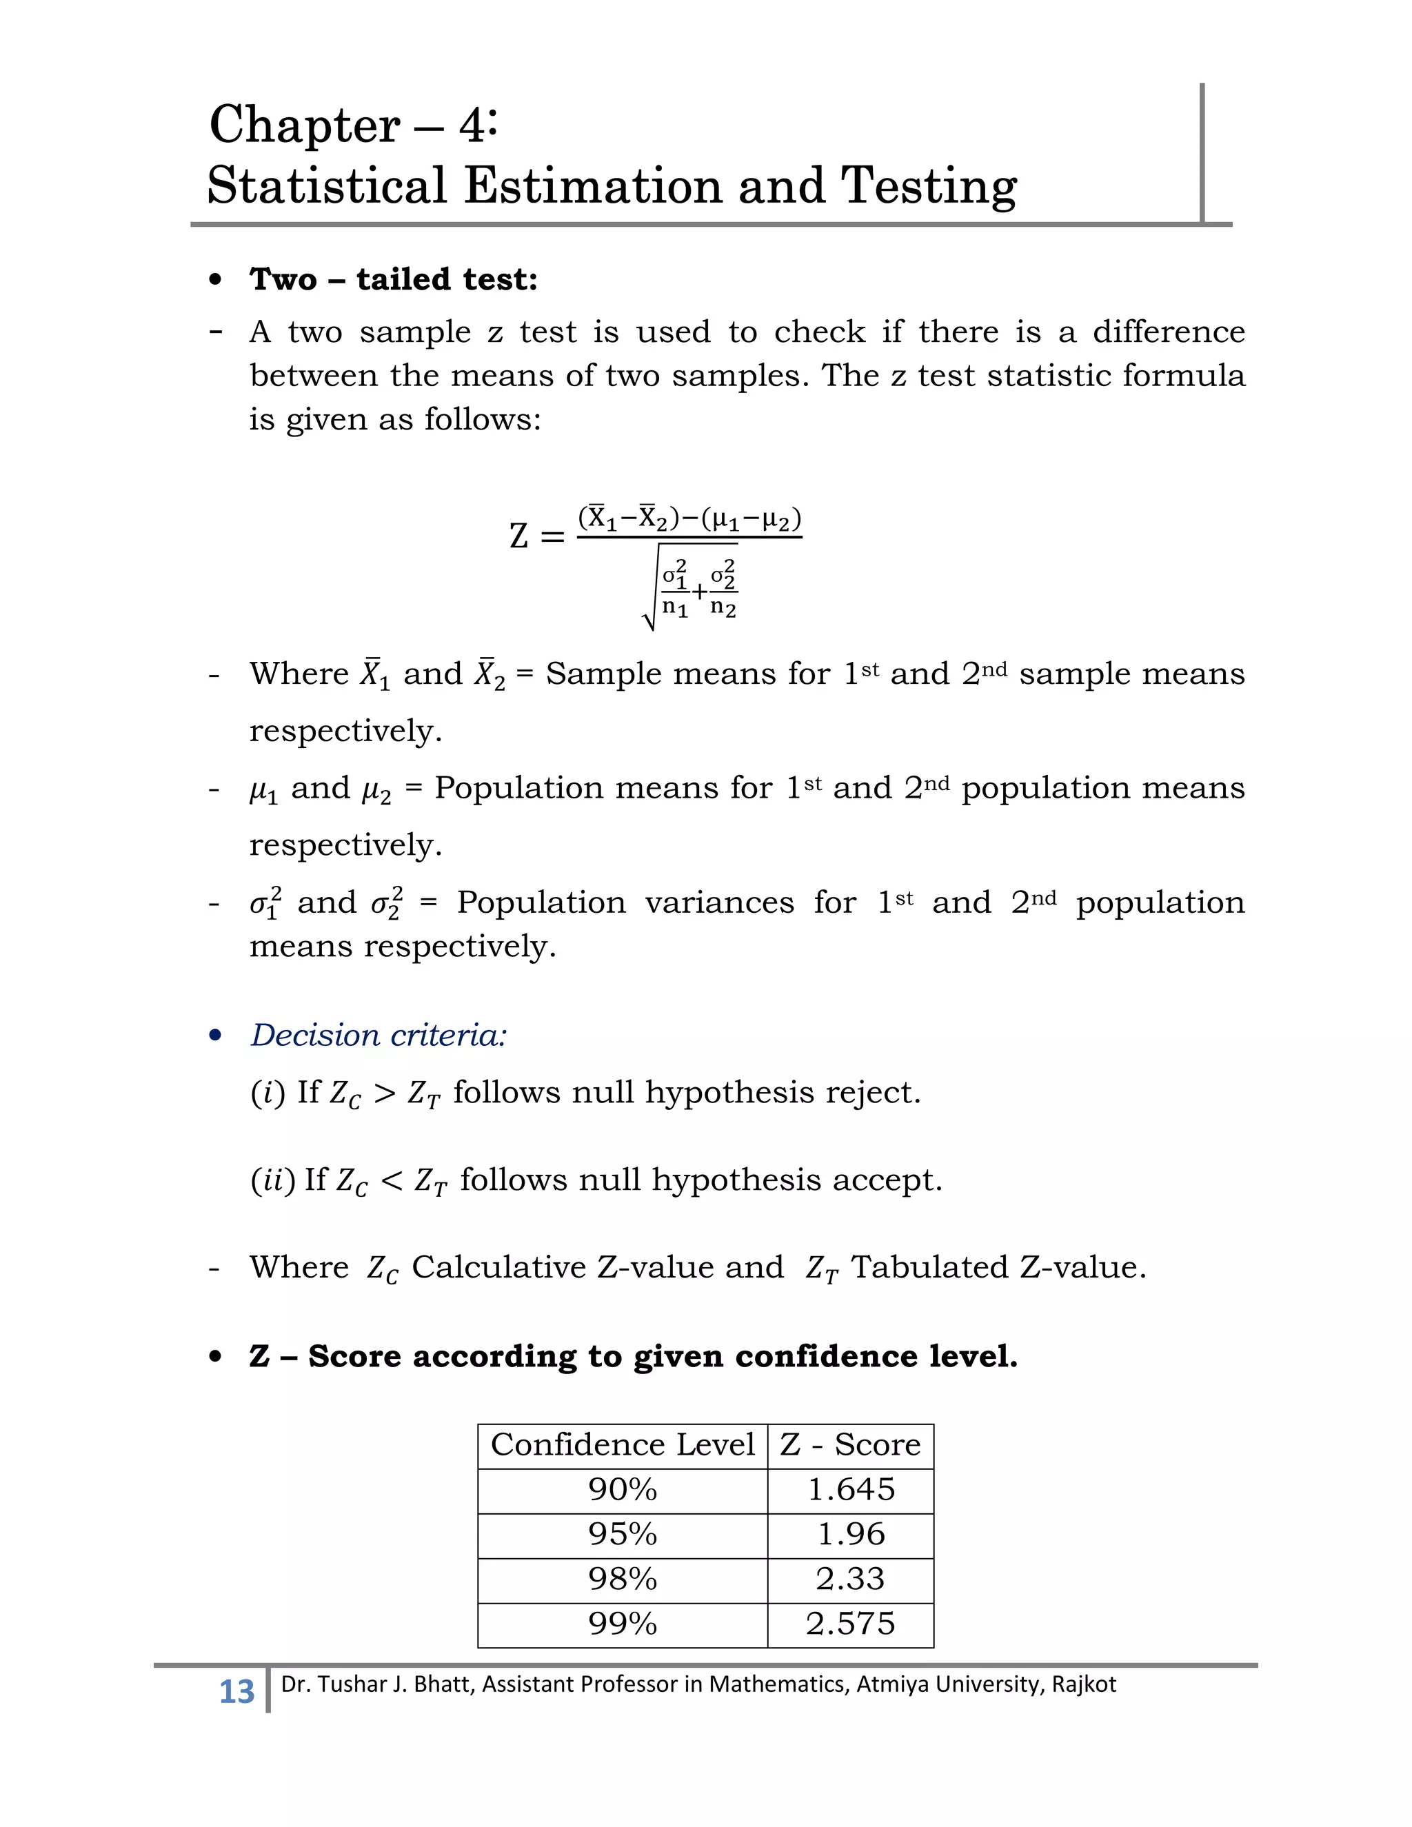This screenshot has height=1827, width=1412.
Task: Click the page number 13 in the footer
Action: (236, 1690)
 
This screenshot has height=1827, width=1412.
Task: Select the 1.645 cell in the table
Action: (851, 1490)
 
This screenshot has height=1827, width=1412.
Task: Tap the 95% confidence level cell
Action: (623, 1534)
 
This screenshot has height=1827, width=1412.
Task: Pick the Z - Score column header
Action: (850, 1444)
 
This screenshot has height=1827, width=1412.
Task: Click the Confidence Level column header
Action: (623, 1444)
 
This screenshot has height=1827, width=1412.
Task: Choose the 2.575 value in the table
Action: (851, 1624)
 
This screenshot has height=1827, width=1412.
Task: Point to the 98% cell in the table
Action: (623, 1579)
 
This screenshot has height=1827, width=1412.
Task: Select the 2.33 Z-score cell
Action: (851, 1579)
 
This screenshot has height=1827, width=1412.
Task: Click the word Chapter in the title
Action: (305, 126)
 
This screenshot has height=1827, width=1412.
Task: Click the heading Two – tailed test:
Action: (393, 279)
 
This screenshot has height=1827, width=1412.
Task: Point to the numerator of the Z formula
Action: (689, 520)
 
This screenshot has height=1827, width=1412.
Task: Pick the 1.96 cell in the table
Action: (851, 1534)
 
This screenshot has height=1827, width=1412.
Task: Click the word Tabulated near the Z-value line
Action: (930, 1267)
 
